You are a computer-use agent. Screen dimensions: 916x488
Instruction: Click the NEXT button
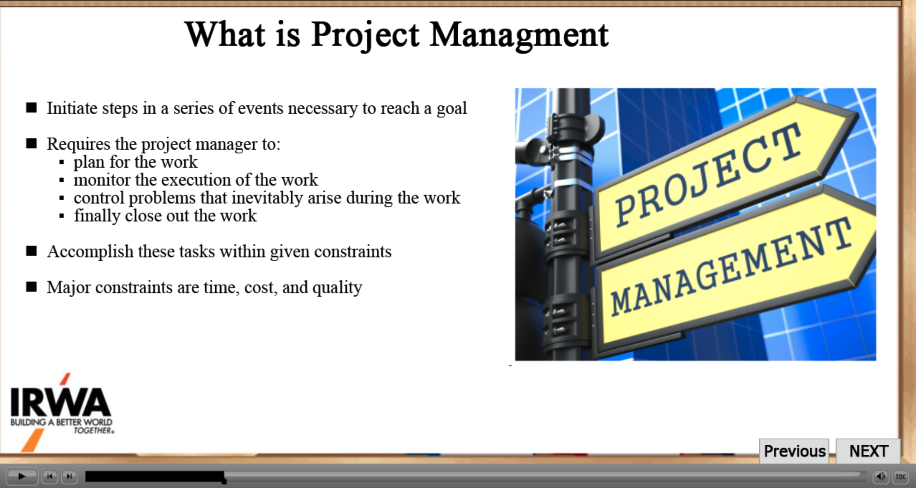(868, 451)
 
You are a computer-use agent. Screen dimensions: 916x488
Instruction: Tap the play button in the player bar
(22, 476)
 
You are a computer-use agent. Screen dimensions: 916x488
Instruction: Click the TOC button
(901, 477)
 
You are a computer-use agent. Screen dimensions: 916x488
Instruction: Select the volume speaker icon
(881, 477)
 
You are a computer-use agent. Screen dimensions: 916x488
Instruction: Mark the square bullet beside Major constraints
(32, 287)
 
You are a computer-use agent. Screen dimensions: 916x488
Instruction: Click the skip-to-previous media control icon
(50, 477)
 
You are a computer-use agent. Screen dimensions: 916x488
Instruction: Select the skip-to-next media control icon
(69, 477)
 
